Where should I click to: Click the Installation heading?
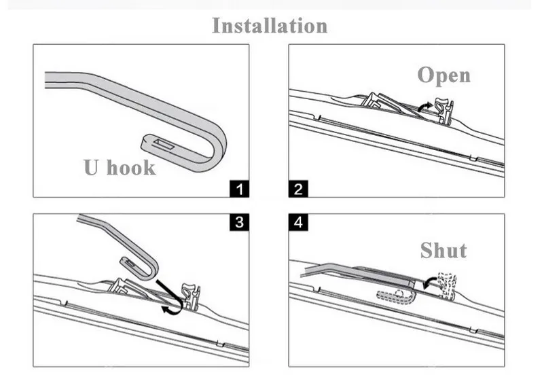(270, 26)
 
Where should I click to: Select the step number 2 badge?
(297, 188)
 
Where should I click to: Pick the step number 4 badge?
(297, 223)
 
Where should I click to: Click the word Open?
(444, 75)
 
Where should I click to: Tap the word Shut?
(443, 250)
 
